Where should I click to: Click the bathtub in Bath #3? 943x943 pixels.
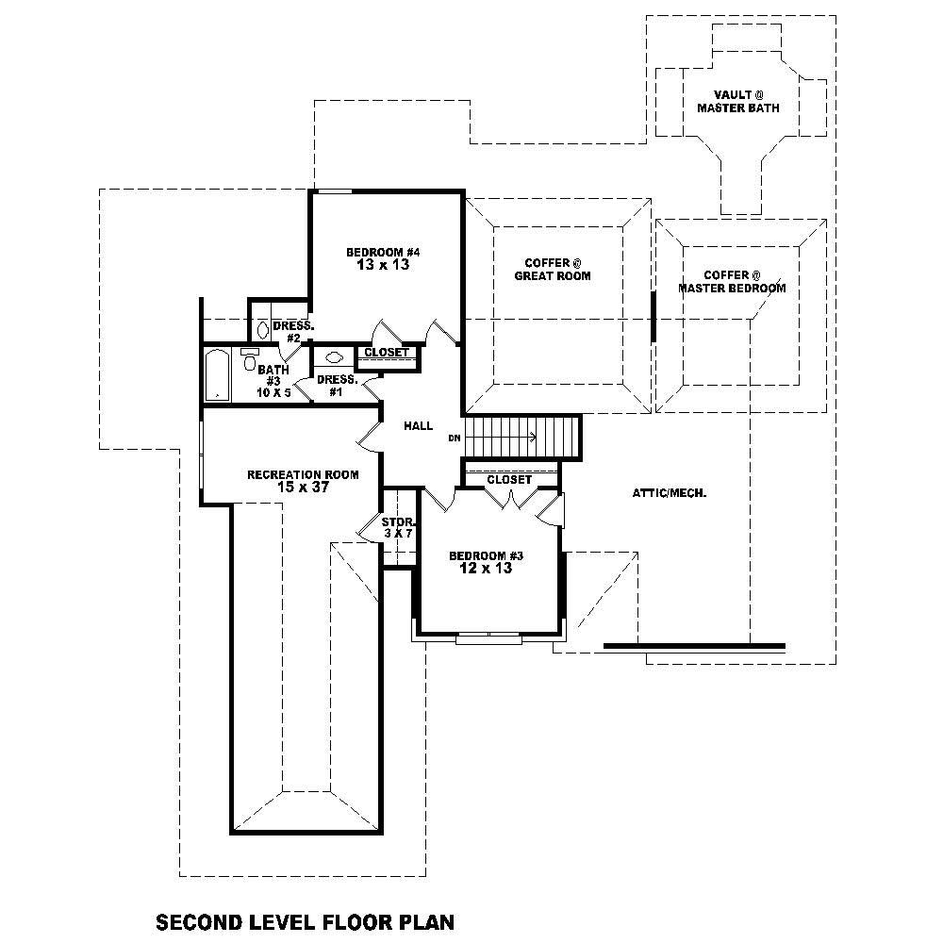(216, 375)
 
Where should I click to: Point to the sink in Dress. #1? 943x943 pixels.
(333, 357)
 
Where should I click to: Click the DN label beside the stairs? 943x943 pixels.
(455, 438)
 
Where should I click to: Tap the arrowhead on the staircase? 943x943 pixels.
(534, 437)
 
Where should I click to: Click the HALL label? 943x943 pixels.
(418, 426)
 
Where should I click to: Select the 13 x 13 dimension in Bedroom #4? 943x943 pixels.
(382, 265)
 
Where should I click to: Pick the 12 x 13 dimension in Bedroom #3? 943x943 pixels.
(486, 569)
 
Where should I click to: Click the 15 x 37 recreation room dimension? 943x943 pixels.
(303, 488)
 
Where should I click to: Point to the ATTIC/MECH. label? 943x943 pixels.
(670, 493)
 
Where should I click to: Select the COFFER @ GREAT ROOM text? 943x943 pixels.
(552, 270)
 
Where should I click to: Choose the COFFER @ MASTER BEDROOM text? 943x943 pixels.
(732, 282)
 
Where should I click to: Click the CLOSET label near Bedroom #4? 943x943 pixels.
(387, 354)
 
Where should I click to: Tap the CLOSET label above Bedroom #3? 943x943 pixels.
(509, 480)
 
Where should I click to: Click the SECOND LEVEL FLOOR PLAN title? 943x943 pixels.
(305, 920)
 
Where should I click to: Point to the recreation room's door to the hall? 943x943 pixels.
(369, 435)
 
